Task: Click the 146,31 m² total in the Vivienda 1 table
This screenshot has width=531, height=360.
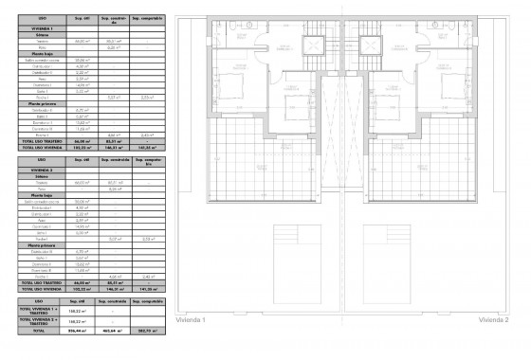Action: tap(117, 148)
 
